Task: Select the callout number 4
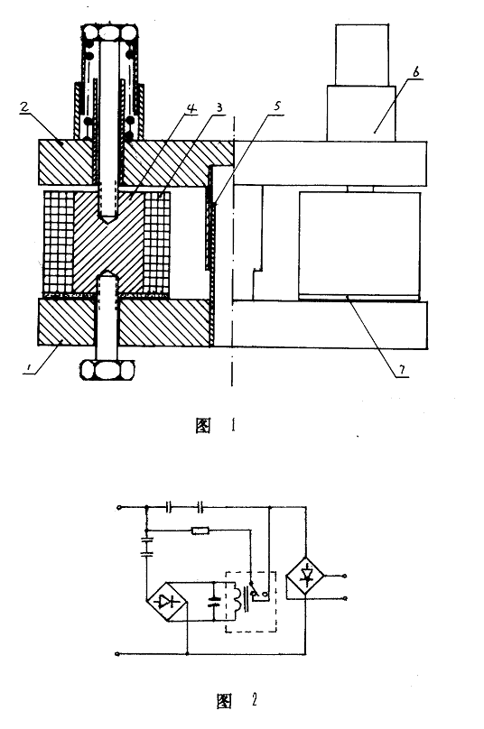191,108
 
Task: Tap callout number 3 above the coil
219,107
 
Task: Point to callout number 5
277,106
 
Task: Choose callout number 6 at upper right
415,71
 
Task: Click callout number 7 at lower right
402,370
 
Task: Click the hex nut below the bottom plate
107,369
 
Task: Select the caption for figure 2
237,701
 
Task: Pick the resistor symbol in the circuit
200,530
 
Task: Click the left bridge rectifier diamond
167,602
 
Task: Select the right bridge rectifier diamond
306,577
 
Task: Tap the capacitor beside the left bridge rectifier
214,601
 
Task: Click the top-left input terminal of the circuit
118,507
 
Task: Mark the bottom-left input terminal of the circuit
117,654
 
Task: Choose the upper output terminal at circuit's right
345,576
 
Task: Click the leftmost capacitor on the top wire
170,507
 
